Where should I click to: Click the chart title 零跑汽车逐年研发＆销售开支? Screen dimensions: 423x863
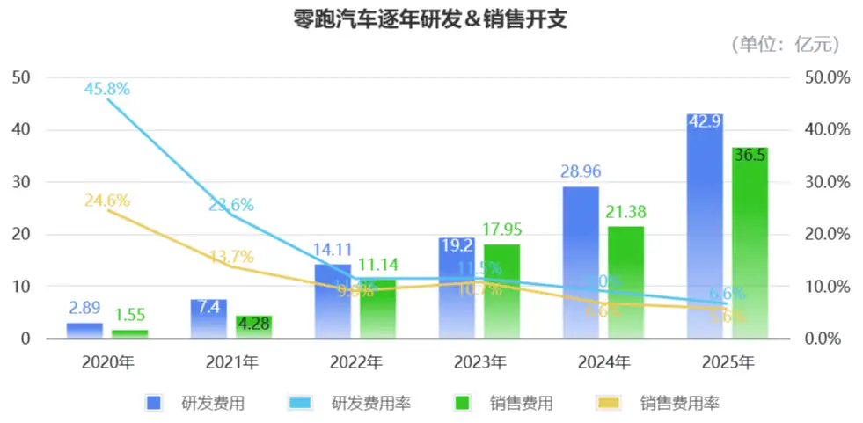click(x=430, y=19)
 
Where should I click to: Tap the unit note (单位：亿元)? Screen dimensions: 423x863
click(x=785, y=44)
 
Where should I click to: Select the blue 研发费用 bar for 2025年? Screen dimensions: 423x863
click(x=705, y=229)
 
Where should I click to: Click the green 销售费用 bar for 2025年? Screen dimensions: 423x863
click(x=750, y=246)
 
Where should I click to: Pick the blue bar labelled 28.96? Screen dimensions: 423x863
click(x=581, y=264)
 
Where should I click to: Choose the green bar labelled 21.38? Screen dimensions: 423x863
click(x=625, y=281)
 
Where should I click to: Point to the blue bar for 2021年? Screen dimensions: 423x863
click(x=208, y=319)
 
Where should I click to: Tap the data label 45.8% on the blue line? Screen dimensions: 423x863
click(x=107, y=88)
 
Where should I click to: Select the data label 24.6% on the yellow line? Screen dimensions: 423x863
click(x=107, y=201)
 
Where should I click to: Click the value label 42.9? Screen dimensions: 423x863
click(x=705, y=121)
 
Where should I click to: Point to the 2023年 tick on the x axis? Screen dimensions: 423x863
click(x=479, y=361)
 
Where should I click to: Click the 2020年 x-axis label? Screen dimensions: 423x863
click(x=107, y=361)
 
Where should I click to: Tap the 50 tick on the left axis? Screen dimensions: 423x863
click(x=22, y=77)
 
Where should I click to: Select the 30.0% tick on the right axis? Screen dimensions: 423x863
click(x=828, y=182)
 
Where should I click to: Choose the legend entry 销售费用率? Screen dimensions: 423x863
click(x=680, y=404)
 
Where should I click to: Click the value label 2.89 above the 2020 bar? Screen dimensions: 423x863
click(x=85, y=308)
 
